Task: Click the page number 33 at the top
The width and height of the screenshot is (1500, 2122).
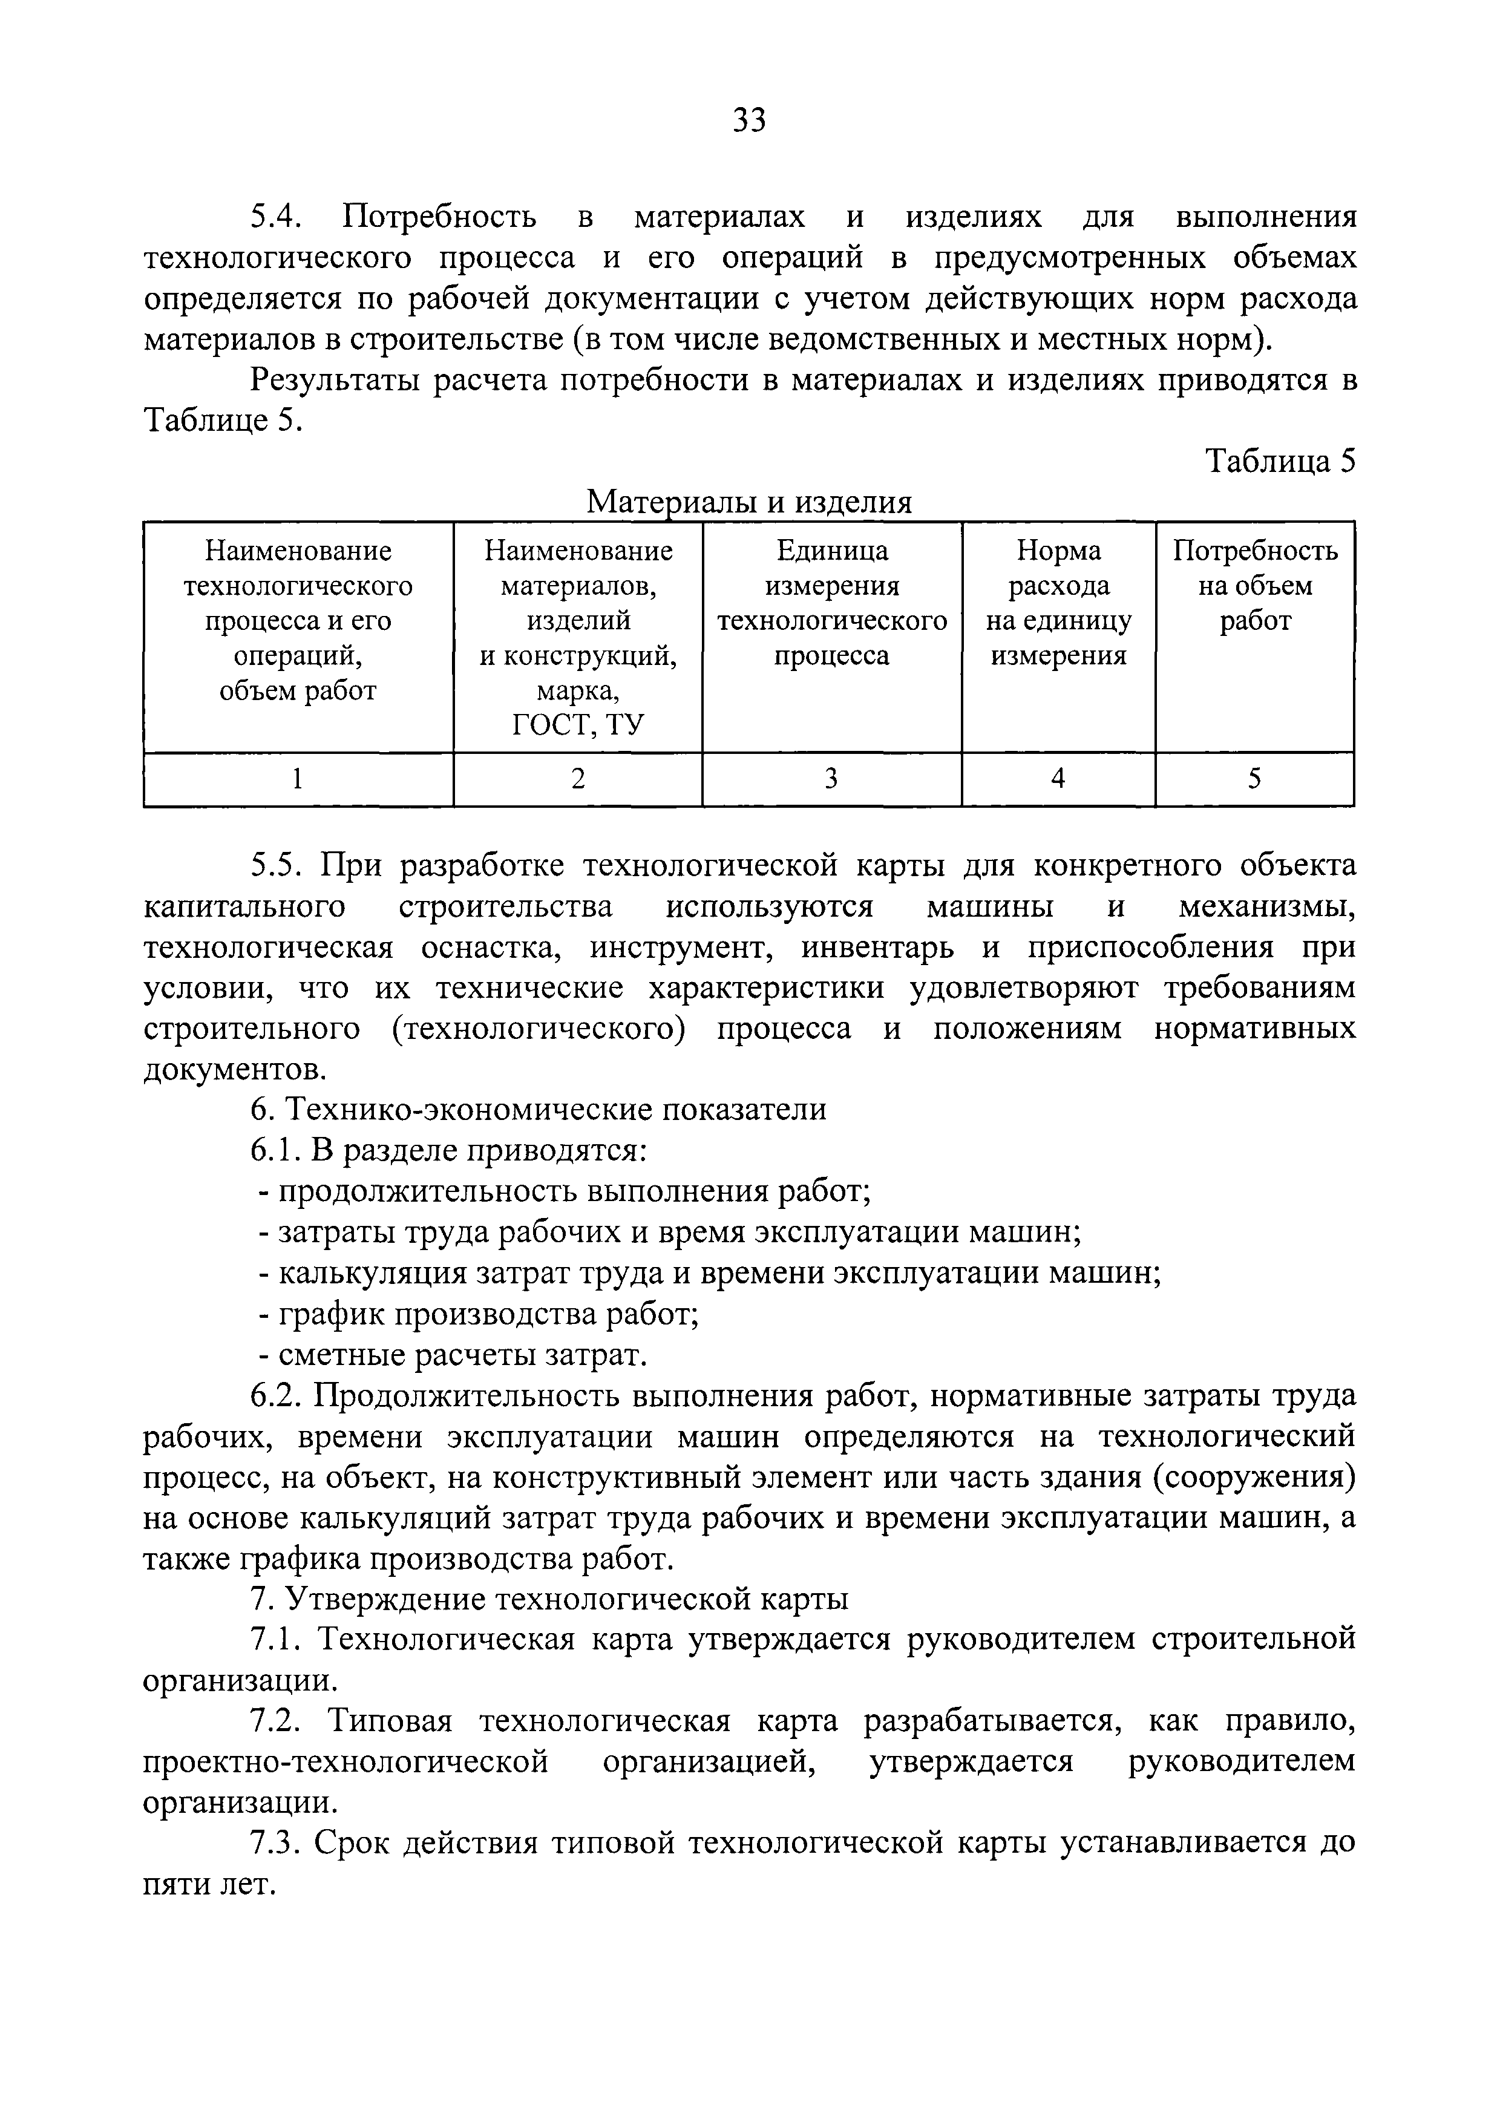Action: [x=748, y=120]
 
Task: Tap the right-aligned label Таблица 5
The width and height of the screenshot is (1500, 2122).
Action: [x=1280, y=460]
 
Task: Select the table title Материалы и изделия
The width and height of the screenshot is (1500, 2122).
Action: [x=750, y=502]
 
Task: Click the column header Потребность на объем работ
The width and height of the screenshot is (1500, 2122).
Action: [x=1254, y=586]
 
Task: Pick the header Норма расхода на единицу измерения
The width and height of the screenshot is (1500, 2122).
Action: [x=1058, y=603]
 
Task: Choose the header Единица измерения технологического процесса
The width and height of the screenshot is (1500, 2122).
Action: [x=832, y=603]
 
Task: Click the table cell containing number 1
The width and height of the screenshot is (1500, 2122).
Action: [x=298, y=779]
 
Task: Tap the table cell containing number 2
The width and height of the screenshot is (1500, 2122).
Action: [x=578, y=779]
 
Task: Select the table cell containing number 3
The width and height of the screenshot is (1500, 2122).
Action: [x=832, y=779]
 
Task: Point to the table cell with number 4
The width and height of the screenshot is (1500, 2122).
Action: [x=1058, y=779]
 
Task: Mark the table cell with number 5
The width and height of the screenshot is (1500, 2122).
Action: [x=1254, y=779]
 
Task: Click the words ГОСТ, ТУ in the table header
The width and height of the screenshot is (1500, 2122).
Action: [x=578, y=725]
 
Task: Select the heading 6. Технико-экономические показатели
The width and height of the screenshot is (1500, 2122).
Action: [x=538, y=1109]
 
